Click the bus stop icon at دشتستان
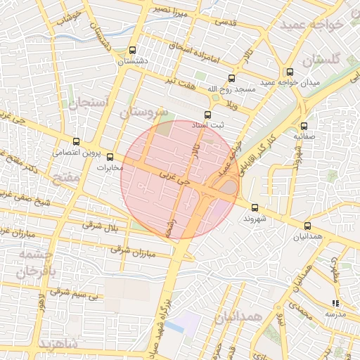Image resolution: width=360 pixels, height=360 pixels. point(133,50)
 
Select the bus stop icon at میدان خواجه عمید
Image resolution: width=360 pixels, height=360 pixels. point(290,72)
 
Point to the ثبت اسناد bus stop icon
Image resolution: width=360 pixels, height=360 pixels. point(207,114)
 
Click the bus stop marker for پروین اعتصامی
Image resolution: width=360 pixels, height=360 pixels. point(76,141)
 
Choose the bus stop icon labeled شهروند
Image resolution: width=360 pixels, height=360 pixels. point(255,207)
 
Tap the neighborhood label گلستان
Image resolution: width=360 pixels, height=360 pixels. point(324,60)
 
